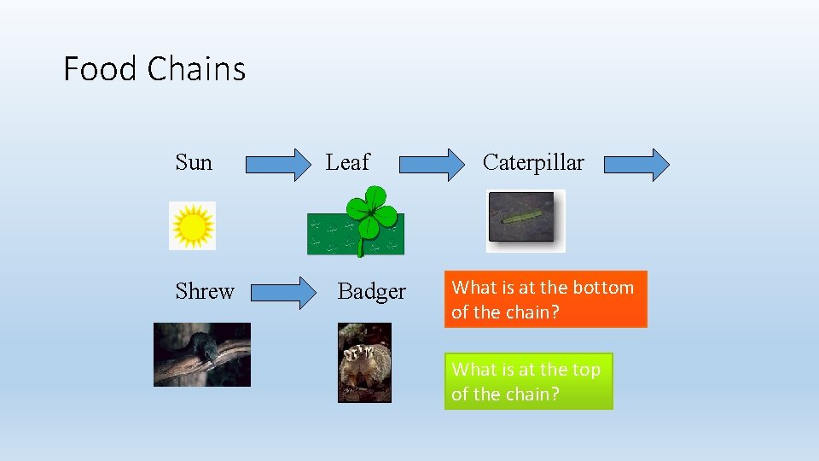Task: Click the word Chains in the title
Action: pyautogui.click(x=197, y=68)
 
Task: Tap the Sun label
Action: pyautogui.click(x=194, y=162)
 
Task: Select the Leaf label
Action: pyautogui.click(x=348, y=162)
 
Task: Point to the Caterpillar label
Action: pyautogui.click(x=533, y=162)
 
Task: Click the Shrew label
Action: pyautogui.click(x=205, y=291)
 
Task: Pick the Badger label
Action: pyautogui.click(x=372, y=291)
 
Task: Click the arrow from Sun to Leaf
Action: pyautogui.click(x=279, y=165)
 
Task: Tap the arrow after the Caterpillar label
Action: pyautogui.click(x=636, y=165)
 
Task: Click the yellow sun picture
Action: pyautogui.click(x=193, y=226)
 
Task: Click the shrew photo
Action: pyautogui.click(x=202, y=354)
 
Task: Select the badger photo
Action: pyautogui.click(x=365, y=362)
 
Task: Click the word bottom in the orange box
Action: pyautogui.click(x=606, y=288)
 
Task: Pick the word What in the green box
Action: pyautogui.click(x=474, y=370)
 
